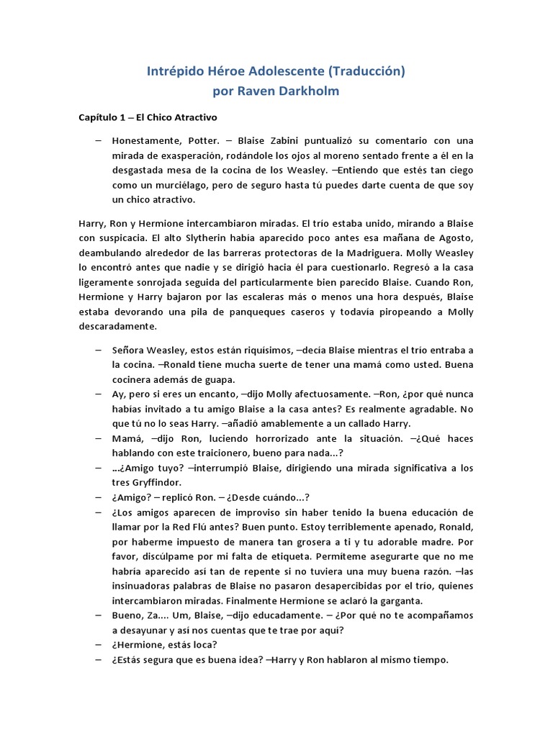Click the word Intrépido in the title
(175, 72)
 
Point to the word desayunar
(140, 630)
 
